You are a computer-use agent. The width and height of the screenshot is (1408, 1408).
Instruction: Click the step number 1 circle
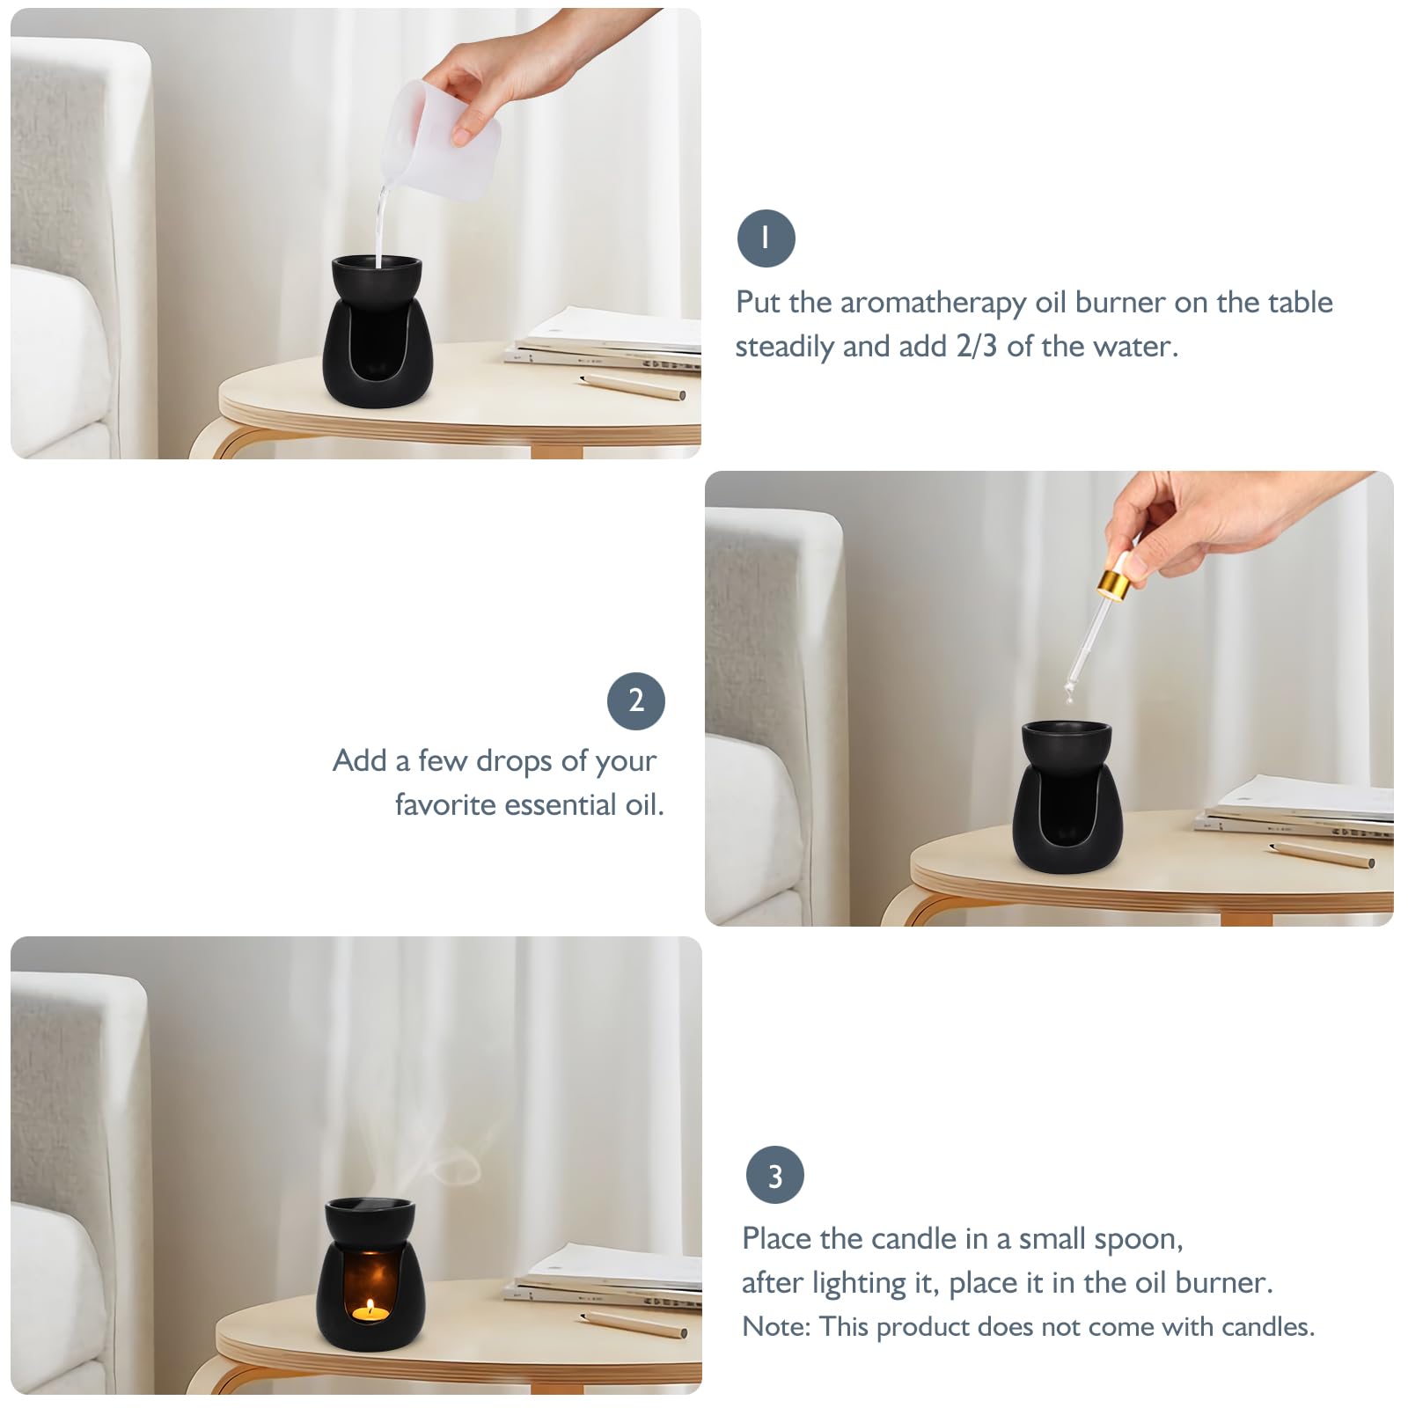tap(766, 238)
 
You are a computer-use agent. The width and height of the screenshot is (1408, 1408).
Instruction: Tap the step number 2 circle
tap(636, 700)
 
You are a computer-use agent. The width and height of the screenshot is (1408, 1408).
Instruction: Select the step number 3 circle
tap(774, 1175)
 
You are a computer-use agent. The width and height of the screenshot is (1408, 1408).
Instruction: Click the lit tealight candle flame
tap(370, 1306)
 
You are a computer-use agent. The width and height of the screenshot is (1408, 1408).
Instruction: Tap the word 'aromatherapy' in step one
tap(933, 303)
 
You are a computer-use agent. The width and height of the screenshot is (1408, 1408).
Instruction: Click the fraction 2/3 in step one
tap(976, 346)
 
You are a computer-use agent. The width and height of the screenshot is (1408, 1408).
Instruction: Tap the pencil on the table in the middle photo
tap(1324, 854)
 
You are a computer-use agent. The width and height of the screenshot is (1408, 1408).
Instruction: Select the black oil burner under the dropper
tap(1067, 796)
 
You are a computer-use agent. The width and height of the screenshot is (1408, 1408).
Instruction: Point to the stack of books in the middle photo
tap(1294, 805)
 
